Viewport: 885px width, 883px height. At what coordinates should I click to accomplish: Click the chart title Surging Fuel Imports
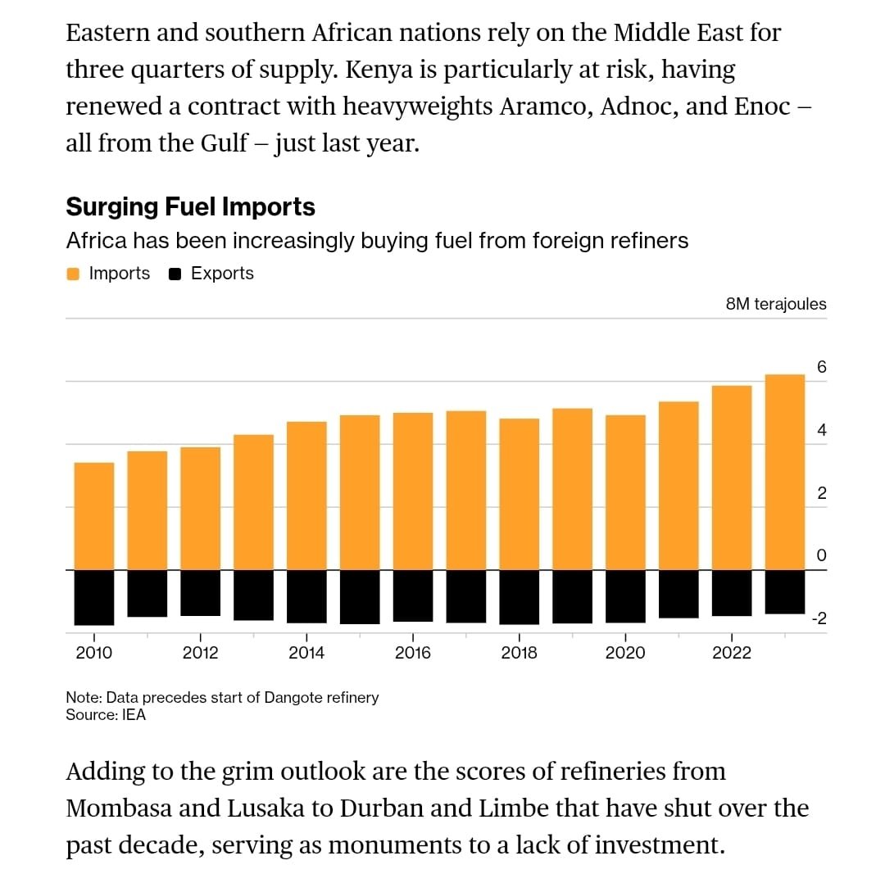pos(190,207)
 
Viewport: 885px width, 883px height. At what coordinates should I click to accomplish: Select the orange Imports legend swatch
pos(73,274)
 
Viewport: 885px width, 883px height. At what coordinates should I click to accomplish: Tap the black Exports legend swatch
pos(175,274)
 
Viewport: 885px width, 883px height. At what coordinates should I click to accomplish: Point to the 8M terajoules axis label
pos(776,304)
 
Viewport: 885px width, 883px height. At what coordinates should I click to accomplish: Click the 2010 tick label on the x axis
pos(93,653)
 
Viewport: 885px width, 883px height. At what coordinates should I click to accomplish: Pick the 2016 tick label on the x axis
pos(412,653)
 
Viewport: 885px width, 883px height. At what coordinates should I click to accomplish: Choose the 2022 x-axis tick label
pos(731,653)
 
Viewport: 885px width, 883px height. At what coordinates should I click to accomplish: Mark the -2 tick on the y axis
pos(819,619)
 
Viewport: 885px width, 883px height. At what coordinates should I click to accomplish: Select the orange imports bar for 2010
pos(94,516)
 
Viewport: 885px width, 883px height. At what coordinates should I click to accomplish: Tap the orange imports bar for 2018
pos(519,494)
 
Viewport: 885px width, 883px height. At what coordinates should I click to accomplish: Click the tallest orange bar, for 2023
pos(784,472)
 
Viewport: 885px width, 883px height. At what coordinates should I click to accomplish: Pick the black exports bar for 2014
pos(306,596)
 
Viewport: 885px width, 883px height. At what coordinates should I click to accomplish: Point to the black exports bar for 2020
pos(625,596)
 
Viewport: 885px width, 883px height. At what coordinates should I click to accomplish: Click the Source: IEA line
pos(106,715)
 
